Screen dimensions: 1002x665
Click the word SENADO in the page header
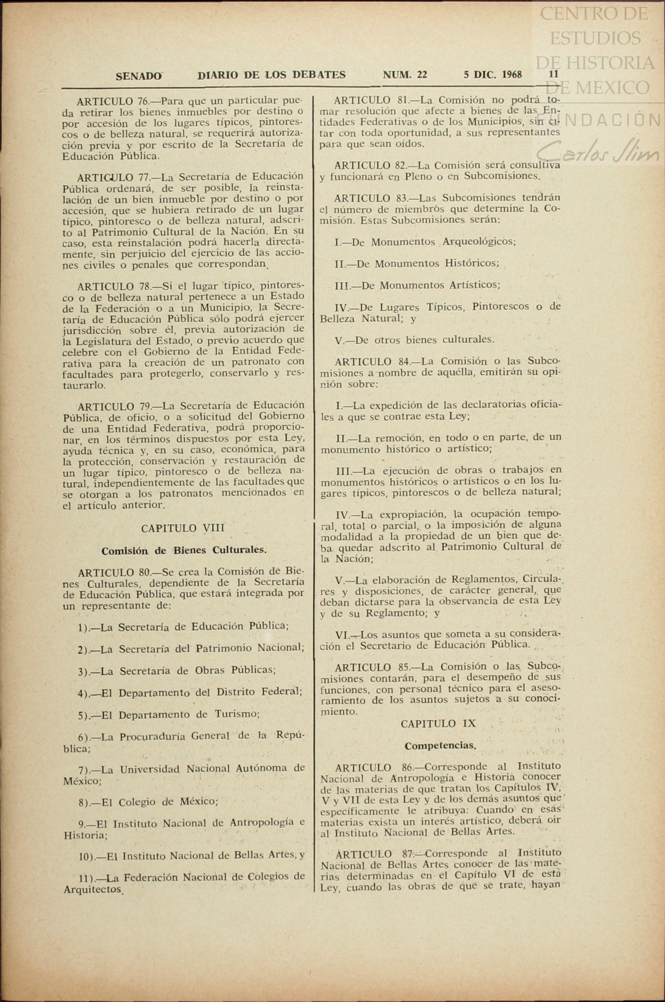pos(139,76)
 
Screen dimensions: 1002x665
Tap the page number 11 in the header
pos(554,74)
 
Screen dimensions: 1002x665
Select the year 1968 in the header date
pos(512,74)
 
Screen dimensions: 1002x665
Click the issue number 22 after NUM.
pos(421,75)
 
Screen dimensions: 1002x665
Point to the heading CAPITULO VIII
pos(183,528)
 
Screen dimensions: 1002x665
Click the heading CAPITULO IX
pos(438,724)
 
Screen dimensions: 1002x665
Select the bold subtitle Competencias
pos(440,746)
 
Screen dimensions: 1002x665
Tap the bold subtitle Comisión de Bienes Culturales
pos(184,551)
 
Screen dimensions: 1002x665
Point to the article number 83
pos(401,198)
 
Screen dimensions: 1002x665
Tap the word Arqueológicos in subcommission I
pos(479,242)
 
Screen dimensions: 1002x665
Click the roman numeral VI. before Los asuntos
pos(343,635)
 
